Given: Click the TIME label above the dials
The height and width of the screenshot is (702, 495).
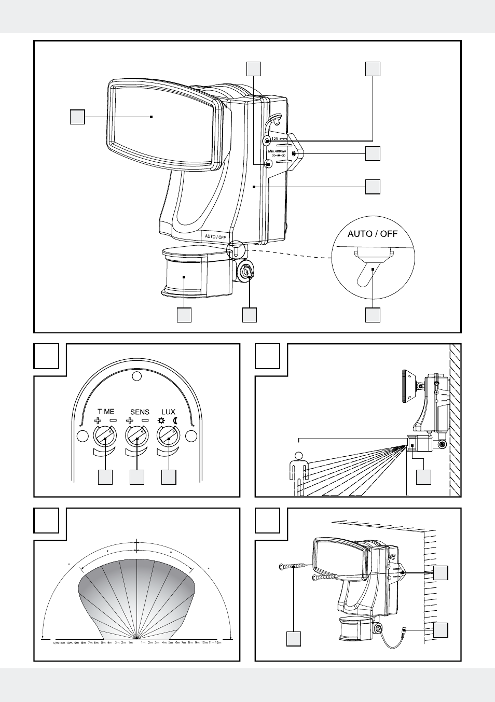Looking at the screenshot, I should (x=106, y=411).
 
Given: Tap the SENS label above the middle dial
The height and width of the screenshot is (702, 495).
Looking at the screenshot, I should (x=140, y=412).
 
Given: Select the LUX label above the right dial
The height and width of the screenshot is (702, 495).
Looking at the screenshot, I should (x=168, y=412).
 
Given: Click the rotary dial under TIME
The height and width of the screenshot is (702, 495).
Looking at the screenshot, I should (x=105, y=435).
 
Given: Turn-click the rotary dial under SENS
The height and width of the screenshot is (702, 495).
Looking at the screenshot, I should (x=137, y=435).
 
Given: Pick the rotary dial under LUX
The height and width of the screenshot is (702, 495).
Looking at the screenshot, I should (x=169, y=435).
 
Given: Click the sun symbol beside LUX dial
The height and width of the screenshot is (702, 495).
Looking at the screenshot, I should (x=161, y=420).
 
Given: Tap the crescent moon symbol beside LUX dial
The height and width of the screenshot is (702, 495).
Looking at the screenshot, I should (x=175, y=420).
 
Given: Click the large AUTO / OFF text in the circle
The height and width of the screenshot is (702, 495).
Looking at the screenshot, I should (x=373, y=234).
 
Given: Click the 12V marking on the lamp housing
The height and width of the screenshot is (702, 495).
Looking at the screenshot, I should (x=276, y=139).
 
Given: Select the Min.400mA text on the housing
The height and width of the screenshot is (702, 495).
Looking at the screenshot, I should (x=277, y=151).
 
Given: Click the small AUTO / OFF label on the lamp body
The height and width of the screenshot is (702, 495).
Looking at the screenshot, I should (x=215, y=237).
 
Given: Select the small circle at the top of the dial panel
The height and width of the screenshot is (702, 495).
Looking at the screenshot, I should (x=136, y=376).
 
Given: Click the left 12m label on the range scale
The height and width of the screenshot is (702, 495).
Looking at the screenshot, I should (x=55, y=643).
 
